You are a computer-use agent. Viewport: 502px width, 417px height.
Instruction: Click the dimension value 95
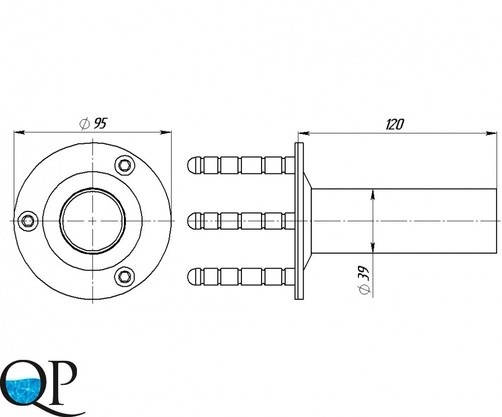tap(99, 123)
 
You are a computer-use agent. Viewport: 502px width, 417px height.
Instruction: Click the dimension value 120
tap(395, 124)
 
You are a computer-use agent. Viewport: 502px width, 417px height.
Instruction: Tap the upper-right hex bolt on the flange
tap(124, 165)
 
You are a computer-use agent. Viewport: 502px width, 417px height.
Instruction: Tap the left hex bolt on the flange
tap(28, 221)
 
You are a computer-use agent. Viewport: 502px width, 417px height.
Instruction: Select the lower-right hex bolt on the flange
tap(124, 276)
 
